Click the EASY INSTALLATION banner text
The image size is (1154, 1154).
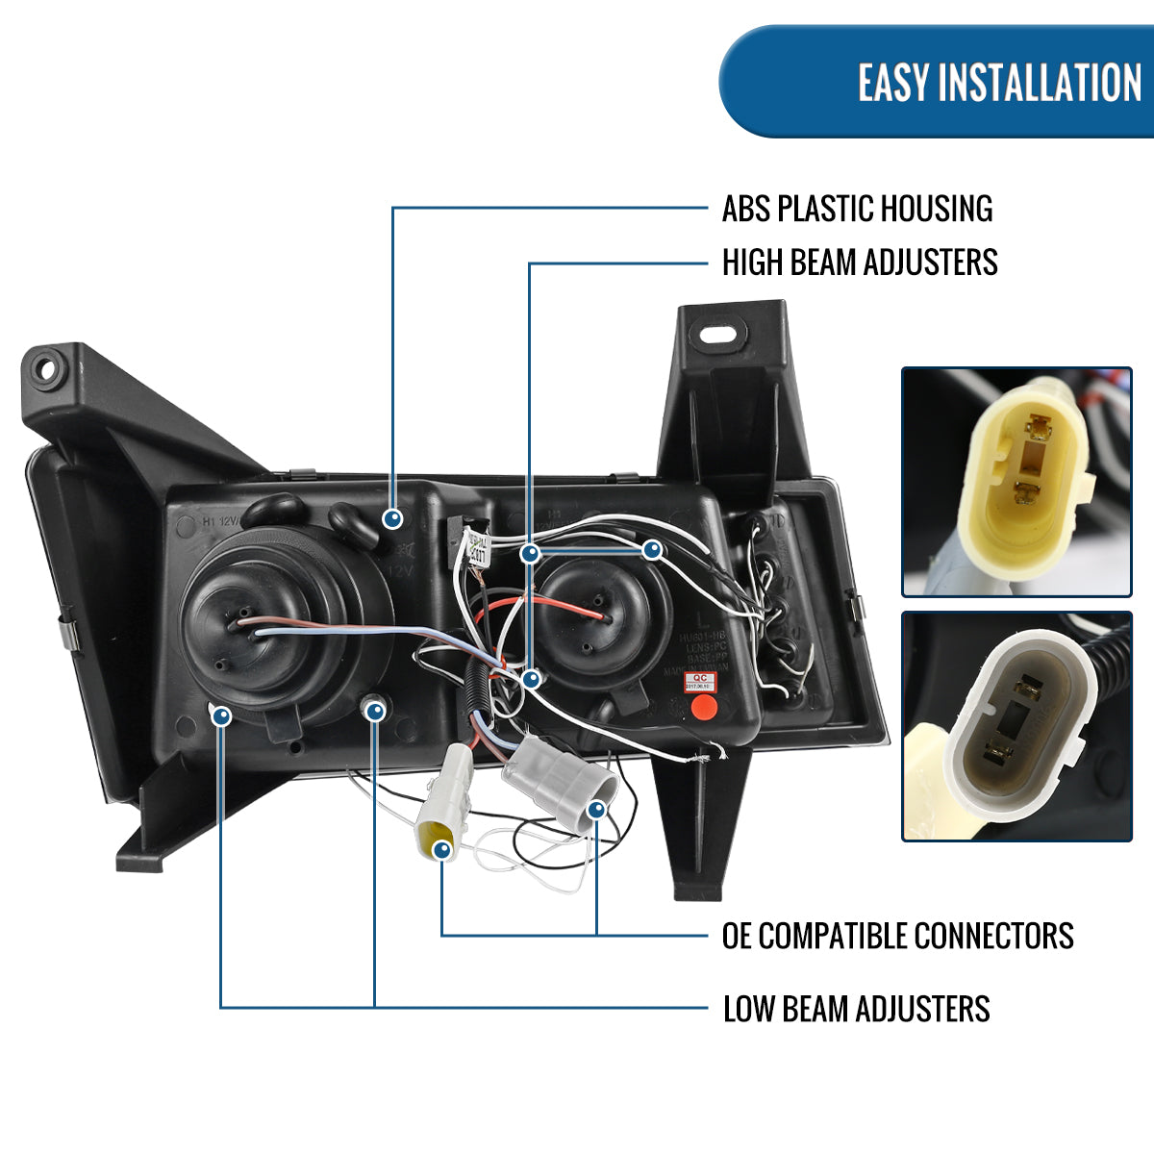tap(999, 83)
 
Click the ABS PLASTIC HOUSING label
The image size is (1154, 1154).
tap(857, 209)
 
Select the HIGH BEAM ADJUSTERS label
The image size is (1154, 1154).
tap(860, 263)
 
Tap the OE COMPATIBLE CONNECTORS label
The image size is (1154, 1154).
tap(897, 936)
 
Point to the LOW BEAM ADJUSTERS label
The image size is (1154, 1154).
tap(856, 1009)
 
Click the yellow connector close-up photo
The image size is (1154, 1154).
tap(1016, 482)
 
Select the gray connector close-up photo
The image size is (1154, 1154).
tap(1016, 727)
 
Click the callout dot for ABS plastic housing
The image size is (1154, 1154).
tap(392, 519)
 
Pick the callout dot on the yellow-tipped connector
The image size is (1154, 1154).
tap(442, 849)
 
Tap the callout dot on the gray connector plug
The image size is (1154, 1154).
tap(596, 810)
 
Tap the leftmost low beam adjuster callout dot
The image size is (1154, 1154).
tap(221, 715)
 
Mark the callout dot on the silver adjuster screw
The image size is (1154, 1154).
tap(375, 712)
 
